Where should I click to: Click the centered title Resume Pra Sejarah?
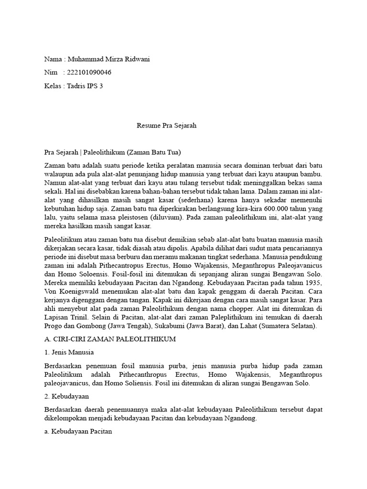pos(167,126)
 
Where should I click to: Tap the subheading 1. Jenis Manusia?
pos(69,353)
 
